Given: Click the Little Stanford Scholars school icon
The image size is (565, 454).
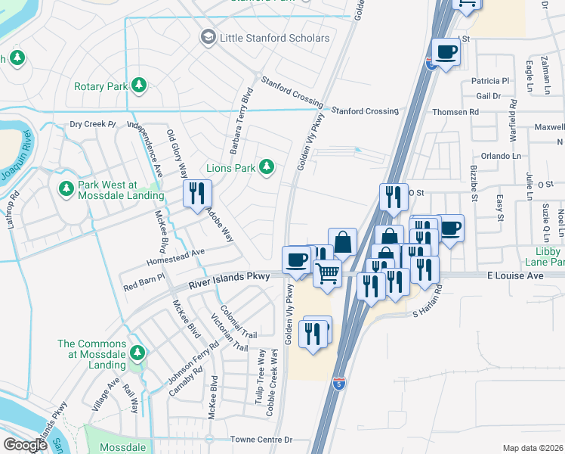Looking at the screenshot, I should click(208, 37).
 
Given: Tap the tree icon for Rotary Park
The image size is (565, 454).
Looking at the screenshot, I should click(138, 86).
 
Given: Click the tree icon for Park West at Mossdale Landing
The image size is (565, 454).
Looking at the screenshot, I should click(65, 188).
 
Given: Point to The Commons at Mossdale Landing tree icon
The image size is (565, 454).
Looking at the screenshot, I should click(137, 353).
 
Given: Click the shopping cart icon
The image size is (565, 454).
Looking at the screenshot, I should click(327, 272).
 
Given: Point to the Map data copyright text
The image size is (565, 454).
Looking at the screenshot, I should click(533, 448).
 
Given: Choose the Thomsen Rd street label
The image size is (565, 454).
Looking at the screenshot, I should click(455, 112).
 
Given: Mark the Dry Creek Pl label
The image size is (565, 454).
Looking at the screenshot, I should click(91, 124).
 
